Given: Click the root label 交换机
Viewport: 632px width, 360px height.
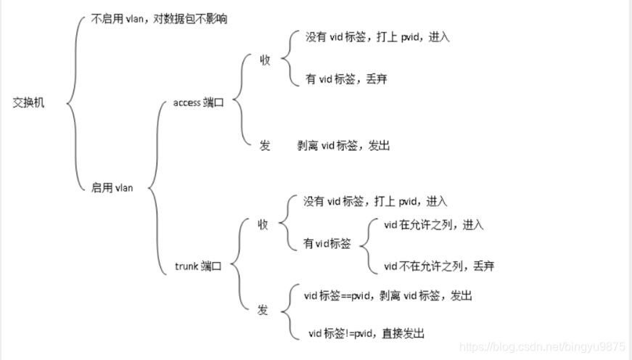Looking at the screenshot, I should coord(28,103).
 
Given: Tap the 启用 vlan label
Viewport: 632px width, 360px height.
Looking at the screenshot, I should coord(112,187).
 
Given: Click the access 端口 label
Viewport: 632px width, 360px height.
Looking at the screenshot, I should coord(198,103).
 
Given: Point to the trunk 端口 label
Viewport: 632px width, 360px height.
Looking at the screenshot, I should coord(198,266).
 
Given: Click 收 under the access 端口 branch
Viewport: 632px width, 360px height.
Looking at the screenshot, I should coord(265,60).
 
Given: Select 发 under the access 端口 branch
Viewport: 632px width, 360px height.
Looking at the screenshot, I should coord(265,145).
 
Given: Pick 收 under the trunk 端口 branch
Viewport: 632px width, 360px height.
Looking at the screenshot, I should coord(263,224).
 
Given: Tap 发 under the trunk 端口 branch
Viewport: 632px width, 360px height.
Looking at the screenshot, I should coord(263,310).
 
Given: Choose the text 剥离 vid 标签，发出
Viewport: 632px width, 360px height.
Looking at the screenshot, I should coord(343,145).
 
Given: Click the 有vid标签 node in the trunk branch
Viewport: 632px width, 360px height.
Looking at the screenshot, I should coord(327,244).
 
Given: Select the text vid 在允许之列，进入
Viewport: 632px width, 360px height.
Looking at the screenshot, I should coord(433,224).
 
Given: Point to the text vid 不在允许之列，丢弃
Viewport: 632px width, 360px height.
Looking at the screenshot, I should coord(439,266).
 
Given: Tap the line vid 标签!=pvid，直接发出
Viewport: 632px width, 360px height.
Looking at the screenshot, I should coord(366,333).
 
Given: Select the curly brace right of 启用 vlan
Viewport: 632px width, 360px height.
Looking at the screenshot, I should coord(155,187).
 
